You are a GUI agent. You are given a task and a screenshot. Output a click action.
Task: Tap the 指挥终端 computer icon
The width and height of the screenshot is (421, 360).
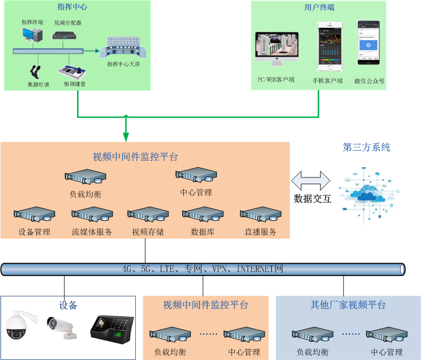33,35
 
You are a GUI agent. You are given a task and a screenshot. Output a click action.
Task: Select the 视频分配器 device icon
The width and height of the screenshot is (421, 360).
67,35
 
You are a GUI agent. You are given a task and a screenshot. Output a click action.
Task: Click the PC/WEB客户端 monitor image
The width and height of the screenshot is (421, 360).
276,49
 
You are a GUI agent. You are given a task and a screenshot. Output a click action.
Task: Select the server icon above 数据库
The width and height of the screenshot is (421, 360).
203,215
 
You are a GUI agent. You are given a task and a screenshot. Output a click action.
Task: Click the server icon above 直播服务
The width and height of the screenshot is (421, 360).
260,215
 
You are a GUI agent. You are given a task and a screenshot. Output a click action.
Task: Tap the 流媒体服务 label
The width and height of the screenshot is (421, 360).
92,232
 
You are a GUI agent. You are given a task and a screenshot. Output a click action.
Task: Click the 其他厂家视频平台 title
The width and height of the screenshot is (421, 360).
348,305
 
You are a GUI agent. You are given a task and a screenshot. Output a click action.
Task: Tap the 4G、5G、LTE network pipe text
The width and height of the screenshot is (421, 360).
202,269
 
